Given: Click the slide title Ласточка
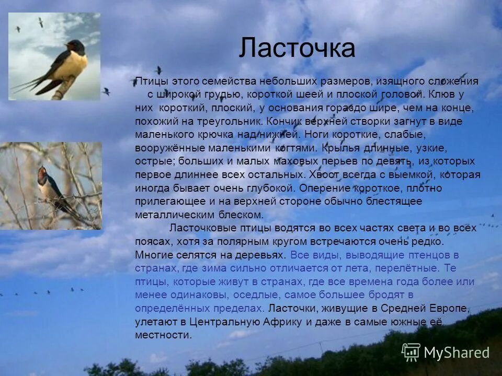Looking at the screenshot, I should [x=297, y=49].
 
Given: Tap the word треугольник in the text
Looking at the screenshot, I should [x=234, y=121].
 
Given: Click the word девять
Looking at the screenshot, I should [x=396, y=161].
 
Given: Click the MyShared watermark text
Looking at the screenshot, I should [x=456, y=353].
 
